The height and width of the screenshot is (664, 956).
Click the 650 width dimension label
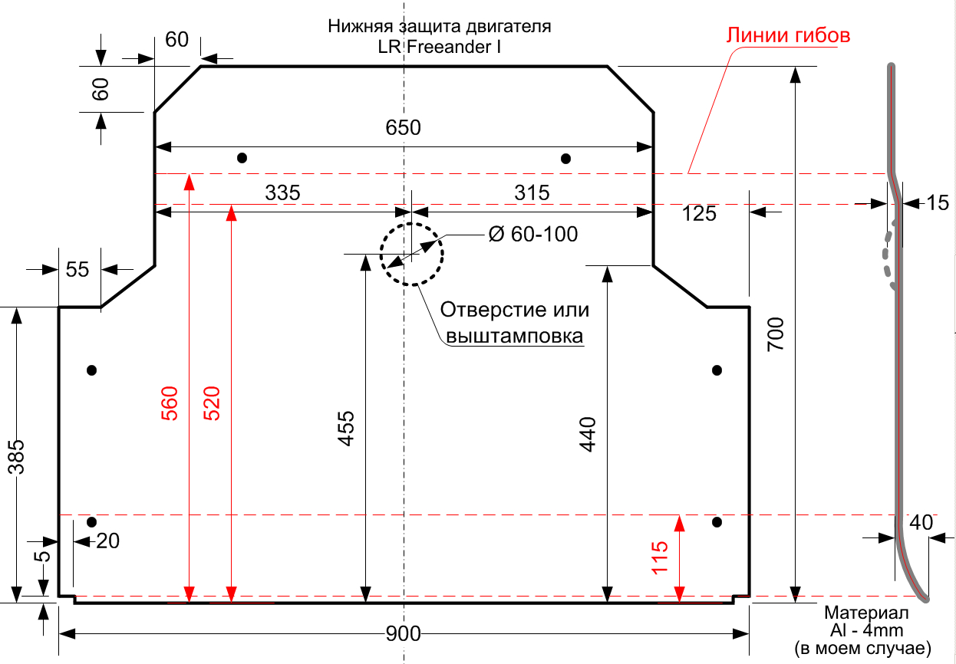[x=403, y=127]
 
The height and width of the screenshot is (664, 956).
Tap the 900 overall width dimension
[x=403, y=634]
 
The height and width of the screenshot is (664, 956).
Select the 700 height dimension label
[x=776, y=334]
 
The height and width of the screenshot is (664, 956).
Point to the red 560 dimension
[x=170, y=403]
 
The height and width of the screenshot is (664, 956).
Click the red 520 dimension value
[x=212, y=403]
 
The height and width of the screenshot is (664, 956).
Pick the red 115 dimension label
[x=660, y=558]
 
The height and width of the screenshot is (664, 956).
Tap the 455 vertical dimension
[x=346, y=429]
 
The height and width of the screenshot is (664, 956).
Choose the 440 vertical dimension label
[x=587, y=435]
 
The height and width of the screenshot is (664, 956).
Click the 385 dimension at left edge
[x=16, y=457]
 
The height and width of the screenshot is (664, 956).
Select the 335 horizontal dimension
[x=282, y=192]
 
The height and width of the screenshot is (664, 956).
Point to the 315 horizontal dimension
[x=532, y=192]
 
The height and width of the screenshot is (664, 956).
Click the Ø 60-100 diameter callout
[x=533, y=234]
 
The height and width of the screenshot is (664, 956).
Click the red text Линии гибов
[x=788, y=35]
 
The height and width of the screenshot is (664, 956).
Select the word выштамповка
[x=514, y=336]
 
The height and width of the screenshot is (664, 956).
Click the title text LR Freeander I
[x=439, y=47]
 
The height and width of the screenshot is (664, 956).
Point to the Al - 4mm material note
[x=866, y=630]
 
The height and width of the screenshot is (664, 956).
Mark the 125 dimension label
[x=699, y=214]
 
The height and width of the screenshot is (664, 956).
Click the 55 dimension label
[x=77, y=270]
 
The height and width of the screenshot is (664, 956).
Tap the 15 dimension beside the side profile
[x=938, y=202]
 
